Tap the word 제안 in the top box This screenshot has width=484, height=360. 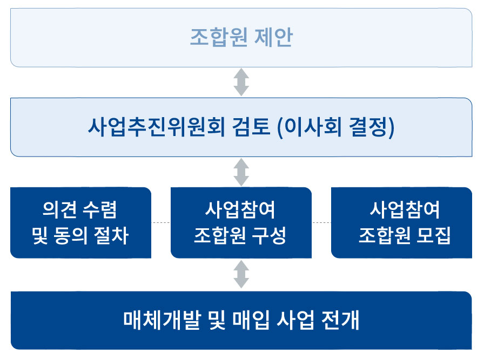click(x=273, y=37)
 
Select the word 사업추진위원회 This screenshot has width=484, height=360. click(x=156, y=127)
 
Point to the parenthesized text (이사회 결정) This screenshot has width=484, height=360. click(x=336, y=127)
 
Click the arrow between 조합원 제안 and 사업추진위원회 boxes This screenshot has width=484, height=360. click(x=241, y=82)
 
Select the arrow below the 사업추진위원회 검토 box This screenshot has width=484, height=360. click(x=241, y=172)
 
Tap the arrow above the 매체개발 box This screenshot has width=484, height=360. click(x=241, y=274)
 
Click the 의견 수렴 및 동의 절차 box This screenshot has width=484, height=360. click(x=81, y=222)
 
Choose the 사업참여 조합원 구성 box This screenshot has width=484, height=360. click(x=241, y=222)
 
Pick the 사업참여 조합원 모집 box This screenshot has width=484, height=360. click(x=401, y=222)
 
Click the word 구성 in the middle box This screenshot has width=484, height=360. click(x=269, y=235)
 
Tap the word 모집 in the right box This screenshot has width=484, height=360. click(x=434, y=235)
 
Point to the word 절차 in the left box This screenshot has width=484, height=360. click(x=111, y=235)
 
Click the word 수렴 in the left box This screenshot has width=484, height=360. click(x=100, y=210)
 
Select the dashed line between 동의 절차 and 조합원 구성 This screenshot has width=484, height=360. click(x=161, y=222)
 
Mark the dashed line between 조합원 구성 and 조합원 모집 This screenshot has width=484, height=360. click(x=321, y=222)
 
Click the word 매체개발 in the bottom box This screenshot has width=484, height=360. click(x=163, y=320)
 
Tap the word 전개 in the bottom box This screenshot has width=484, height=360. click(x=340, y=320)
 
